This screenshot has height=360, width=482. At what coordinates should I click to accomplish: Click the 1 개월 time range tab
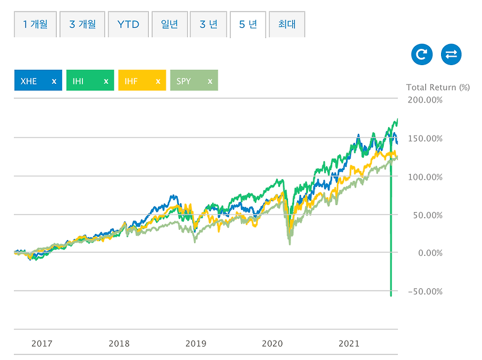click(x=35, y=25)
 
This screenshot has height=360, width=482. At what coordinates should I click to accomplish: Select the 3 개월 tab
click(x=82, y=25)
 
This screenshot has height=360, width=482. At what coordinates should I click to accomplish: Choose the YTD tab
click(x=128, y=25)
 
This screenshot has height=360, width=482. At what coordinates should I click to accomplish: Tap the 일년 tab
click(x=170, y=25)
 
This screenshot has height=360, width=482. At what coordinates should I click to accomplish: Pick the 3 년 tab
click(x=208, y=25)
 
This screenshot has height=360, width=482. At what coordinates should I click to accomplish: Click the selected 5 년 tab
click(x=248, y=25)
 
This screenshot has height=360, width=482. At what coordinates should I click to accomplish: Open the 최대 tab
click(x=287, y=25)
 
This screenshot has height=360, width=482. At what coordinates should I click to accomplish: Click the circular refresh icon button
click(x=422, y=55)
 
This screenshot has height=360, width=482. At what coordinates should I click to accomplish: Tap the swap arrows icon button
click(x=451, y=55)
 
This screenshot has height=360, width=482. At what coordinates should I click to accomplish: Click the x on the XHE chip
click(x=54, y=81)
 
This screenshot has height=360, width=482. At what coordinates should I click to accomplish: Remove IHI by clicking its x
click(x=106, y=81)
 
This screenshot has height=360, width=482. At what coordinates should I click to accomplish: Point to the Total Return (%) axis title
click(x=437, y=87)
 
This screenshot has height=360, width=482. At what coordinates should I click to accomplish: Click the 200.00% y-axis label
click(x=425, y=99)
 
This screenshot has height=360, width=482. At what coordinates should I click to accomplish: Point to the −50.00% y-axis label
click(x=425, y=292)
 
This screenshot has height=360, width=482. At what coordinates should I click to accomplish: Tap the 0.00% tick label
click(x=429, y=253)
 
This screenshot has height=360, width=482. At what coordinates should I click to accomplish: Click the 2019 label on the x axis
click(x=196, y=344)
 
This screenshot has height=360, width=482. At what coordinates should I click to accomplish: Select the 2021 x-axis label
click(x=349, y=344)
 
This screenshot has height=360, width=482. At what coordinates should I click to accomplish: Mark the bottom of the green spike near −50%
click(x=391, y=295)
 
